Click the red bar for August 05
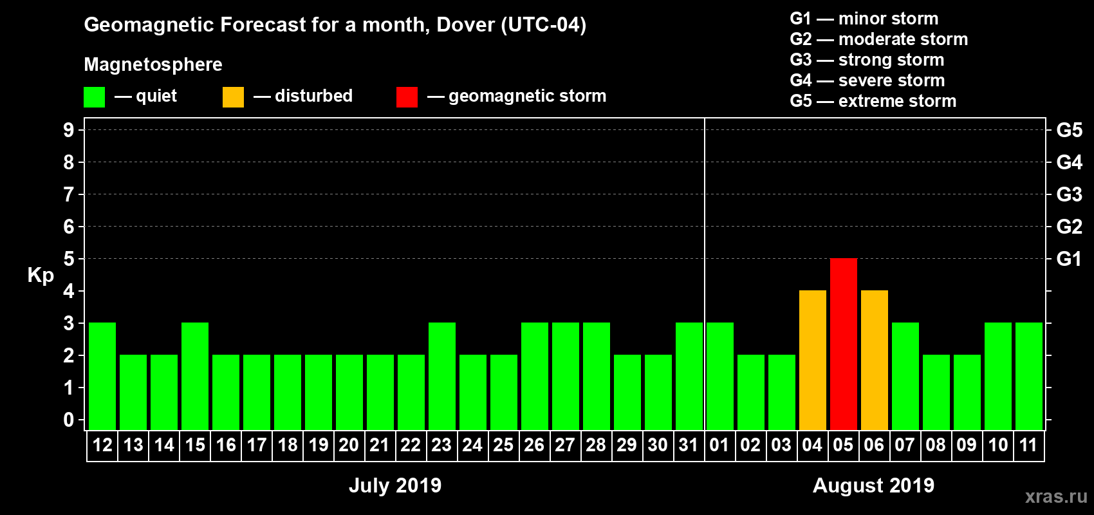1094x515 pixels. click(x=843, y=344)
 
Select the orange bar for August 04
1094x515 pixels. click(x=812, y=360)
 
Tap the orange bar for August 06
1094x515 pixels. click(x=874, y=360)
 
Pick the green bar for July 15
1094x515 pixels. click(x=195, y=376)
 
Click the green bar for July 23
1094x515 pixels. click(x=442, y=376)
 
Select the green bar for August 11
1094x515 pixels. click(x=1028, y=376)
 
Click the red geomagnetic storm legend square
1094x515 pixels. click(x=407, y=97)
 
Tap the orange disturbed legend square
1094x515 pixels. click(x=233, y=97)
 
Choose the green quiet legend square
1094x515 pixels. click(x=95, y=97)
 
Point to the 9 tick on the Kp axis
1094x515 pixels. click(x=69, y=130)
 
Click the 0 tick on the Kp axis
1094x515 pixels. click(x=69, y=420)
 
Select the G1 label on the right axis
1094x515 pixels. click(x=1069, y=259)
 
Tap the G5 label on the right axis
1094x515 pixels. click(x=1069, y=130)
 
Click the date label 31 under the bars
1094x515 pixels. click(x=689, y=445)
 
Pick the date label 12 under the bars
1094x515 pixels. click(x=102, y=445)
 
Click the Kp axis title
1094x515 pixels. click(x=41, y=275)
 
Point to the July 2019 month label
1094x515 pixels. click(x=395, y=485)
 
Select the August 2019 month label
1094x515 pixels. click(x=873, y=485)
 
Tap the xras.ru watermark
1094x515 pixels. click(x=1056, y=496)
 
